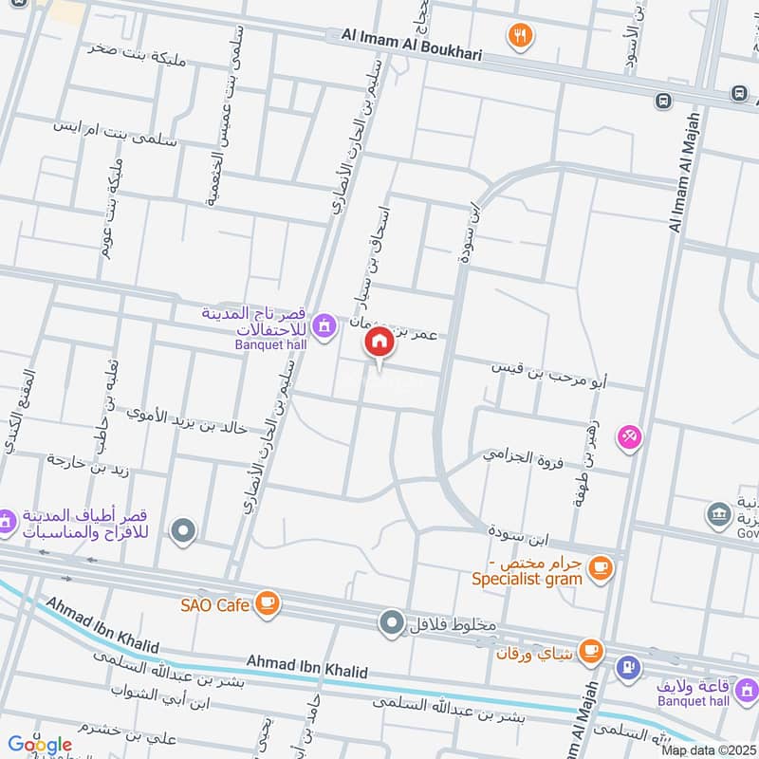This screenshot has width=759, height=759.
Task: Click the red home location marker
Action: click(x=379, y=342)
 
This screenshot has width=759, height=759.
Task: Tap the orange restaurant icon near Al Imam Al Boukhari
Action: click(x=519, y=36)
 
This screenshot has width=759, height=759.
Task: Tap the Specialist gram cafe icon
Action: click(x=599, y=568)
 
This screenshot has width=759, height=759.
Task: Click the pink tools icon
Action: click(x=629, y=436)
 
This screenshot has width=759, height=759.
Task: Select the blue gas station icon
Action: click(x=627, y=667)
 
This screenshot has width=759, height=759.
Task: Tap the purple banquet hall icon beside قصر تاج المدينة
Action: click(x=325, y=325)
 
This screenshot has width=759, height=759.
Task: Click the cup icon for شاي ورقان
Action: click(x=591, y=651)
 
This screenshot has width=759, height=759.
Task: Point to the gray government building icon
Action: click(x=717, y=516)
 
